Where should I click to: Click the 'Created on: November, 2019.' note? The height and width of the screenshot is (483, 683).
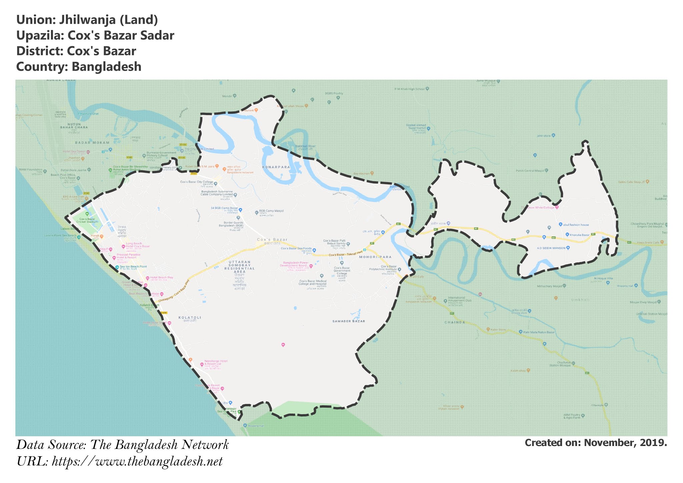pos(596,443)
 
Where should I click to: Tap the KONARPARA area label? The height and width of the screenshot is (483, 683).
pos(276,167)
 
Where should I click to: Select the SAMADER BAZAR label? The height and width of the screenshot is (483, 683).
pos(349,321)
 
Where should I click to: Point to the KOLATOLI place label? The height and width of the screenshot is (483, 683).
pos(190,318)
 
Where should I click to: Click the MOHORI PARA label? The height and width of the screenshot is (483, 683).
pos(375,257)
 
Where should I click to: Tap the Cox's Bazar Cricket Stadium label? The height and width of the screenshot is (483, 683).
pos(87,220)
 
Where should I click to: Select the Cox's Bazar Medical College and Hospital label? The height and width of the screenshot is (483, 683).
pos(313,283)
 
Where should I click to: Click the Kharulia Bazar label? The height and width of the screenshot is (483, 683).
pos(580,235)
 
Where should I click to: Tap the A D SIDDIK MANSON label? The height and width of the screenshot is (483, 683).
pos(551,248)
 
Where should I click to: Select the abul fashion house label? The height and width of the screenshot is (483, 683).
pos(576,225)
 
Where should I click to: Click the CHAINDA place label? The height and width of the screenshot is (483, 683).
pos(455,323)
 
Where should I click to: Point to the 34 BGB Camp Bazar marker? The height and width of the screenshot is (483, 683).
pos(240,210)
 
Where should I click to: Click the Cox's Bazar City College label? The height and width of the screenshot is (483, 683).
pos(196,182)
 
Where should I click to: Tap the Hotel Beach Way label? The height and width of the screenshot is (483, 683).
pos(161,278)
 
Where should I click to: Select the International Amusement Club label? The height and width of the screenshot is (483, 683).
pos(459,299)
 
